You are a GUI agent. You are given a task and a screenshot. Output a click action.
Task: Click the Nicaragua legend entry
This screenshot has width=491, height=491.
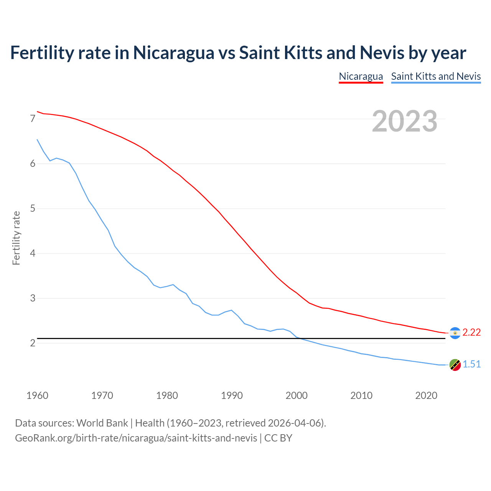[361, 76]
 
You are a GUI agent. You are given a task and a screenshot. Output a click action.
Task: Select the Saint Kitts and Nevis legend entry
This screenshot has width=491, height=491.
[436, 76]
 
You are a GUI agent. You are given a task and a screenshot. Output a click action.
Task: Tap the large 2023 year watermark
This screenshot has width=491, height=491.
[405, 121]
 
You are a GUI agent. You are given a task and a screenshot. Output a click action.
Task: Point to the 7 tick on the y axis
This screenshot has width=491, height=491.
[33, 119]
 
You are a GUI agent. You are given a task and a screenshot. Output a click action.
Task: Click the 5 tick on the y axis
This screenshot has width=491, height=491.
[33, 209]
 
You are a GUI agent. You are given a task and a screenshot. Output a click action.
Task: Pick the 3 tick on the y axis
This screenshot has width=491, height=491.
[33, 298]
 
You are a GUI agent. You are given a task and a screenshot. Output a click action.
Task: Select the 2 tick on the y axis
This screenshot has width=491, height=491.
[33, 343]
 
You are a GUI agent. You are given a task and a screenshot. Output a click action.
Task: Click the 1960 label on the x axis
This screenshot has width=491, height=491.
[37, 395]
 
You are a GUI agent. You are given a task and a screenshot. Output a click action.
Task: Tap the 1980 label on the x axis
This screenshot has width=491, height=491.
[167, 395]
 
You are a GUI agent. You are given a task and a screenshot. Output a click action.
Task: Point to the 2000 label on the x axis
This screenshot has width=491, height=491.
[297, 395]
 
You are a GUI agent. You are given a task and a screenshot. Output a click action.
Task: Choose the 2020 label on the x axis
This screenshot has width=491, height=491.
[426, 395]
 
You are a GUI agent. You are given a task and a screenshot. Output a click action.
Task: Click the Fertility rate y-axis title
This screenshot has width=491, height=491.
[16, 238]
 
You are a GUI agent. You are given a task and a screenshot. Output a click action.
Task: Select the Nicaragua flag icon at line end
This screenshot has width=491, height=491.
[455, 333]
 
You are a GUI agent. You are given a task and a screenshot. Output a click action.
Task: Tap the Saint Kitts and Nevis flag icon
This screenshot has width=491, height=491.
[455, 365]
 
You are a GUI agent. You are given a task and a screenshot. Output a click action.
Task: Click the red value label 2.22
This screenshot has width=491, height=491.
[471, 333]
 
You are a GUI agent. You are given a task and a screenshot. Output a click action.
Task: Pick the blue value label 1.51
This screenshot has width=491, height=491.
[471, 364]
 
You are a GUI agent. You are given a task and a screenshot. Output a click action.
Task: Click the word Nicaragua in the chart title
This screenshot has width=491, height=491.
[173, 53]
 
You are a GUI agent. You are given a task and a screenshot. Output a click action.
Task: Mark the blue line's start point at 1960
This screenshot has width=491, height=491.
[37, 140]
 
